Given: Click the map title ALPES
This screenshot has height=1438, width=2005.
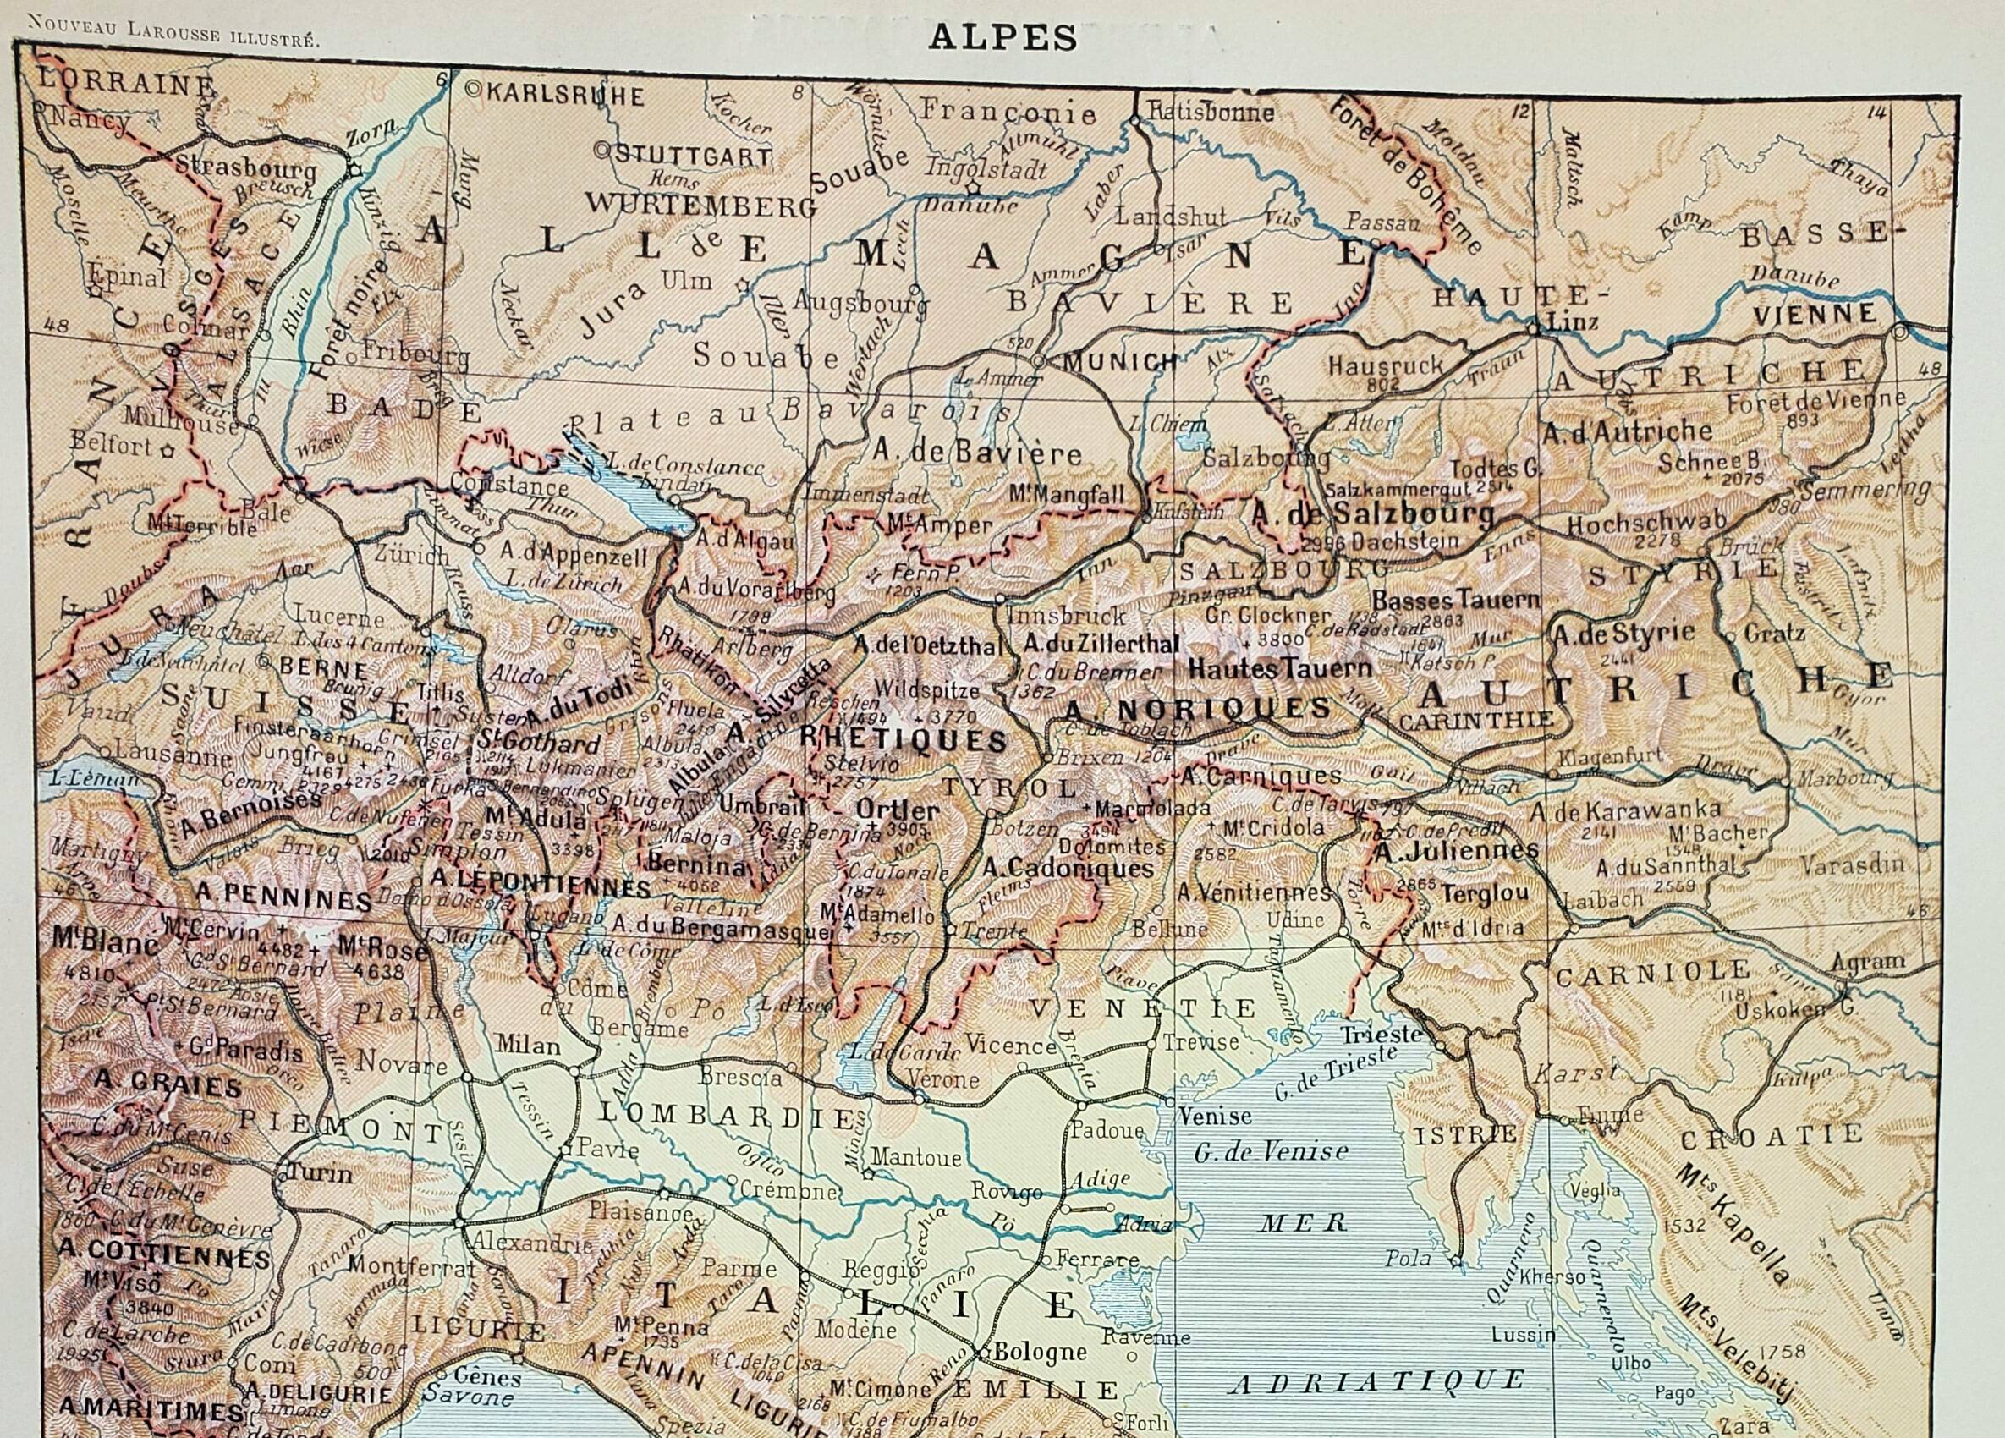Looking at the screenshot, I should pos(1002,37).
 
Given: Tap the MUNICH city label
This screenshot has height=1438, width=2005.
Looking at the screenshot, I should pos(1120,361).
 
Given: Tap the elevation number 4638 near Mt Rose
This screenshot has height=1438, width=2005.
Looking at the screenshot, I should pos(376,971).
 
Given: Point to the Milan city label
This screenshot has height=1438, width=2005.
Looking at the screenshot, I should pos(527,1045).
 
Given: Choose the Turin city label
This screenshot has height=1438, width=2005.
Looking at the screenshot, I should pos(319,1175).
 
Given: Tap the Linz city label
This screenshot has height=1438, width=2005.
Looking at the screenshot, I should pos(1574,321).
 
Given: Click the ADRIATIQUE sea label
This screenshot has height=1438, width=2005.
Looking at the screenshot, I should pos(1376,1380).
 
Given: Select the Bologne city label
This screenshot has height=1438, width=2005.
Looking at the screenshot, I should pos(1039,1377).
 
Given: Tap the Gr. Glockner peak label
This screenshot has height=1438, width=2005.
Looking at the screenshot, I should pos(1272,616).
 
